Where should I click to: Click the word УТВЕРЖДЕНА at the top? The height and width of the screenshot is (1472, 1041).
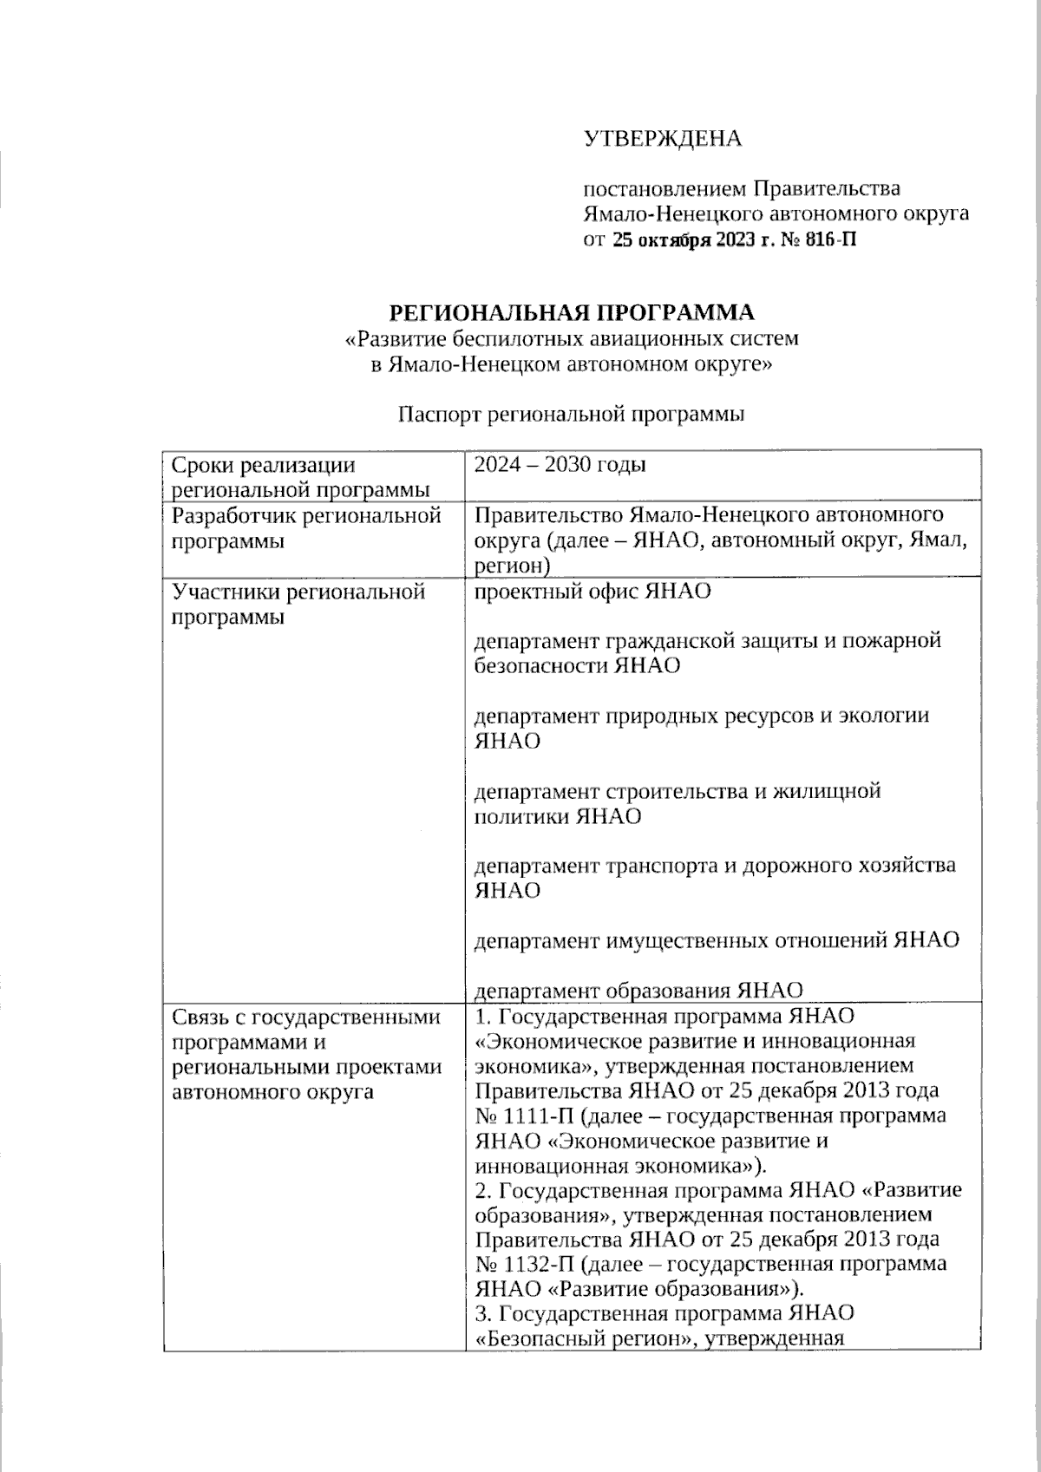662,139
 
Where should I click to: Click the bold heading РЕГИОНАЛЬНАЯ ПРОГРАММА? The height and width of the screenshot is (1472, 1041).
571,312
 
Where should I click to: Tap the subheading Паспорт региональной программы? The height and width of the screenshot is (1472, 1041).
571,415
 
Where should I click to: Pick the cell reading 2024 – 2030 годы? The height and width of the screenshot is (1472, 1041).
560,465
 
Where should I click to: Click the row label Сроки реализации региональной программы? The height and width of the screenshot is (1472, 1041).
300,477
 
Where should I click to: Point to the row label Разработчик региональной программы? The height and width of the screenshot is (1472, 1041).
306,528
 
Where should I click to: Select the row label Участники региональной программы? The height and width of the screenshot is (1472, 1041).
298,605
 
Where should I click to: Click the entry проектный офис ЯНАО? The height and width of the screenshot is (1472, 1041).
593,592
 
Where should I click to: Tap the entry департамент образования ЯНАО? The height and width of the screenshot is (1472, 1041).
638,991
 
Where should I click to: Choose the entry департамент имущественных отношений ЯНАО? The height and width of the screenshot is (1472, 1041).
717,940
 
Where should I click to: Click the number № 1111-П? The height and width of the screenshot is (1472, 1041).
517,1115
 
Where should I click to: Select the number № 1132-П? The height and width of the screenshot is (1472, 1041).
519,1264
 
